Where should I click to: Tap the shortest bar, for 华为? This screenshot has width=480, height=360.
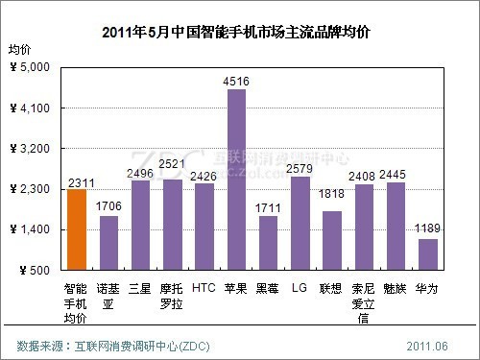(428, 254)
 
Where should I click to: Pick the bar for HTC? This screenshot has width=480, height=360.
(204, 227)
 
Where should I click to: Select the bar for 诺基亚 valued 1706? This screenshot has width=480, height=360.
(108, 243)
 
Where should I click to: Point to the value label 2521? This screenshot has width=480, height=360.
(172, 164)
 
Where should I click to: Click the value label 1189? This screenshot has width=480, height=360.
(428, 228)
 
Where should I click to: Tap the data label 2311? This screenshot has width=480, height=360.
(76, 182)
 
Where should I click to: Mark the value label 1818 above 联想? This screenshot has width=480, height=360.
(332, 195)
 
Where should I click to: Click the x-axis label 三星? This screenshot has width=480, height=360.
(140, 287)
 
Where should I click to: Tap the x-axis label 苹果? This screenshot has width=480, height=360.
(236, 287)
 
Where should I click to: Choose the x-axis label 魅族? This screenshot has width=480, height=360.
(396, 287)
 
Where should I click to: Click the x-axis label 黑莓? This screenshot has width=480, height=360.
(268, 287)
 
